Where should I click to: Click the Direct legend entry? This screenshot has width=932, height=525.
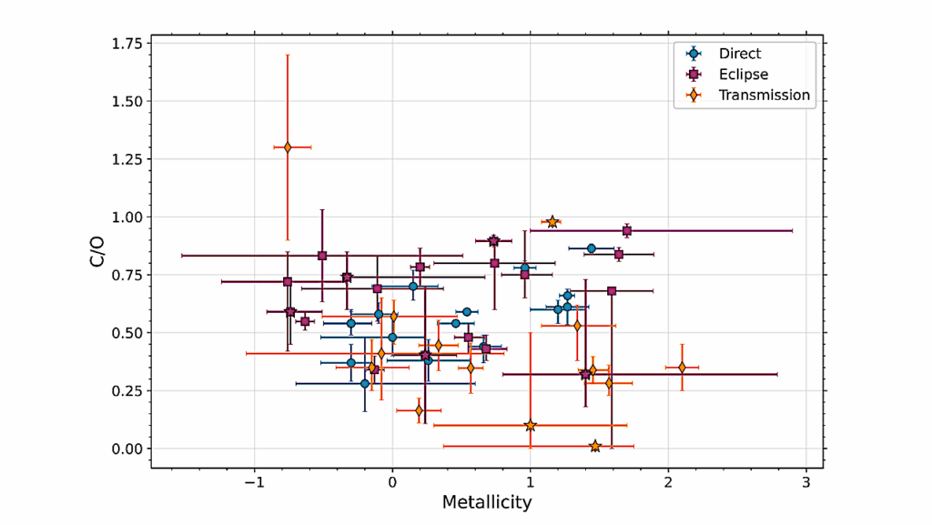[x=739, y=54]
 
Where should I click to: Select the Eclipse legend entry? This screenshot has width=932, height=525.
[x=743, y=75]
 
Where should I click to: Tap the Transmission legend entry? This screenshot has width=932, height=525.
[x=763, y=96]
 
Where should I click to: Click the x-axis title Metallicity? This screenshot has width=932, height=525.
[x=487, y=502]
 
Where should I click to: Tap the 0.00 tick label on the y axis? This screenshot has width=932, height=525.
[x=125, y=449]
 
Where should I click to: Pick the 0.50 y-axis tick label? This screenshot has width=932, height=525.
[x=125, y=333]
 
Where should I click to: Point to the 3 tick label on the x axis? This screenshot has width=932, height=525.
[x=805, y=481]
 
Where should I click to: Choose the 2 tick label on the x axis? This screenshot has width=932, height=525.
[x=668, y=481]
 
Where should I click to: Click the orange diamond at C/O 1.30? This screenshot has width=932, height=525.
[x=288, y=146]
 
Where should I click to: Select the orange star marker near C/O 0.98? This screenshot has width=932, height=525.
[x=552, y=222]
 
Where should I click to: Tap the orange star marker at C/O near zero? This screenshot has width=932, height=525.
[x=595, y=446]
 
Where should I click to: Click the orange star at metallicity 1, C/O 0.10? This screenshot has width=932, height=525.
[x=530, y=425]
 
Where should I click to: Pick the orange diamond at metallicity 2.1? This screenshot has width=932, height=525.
[x=682, y=368]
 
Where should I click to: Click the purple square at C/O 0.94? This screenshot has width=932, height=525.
[x=626, y=231]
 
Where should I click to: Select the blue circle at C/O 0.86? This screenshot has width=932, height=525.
[x=591, y=248]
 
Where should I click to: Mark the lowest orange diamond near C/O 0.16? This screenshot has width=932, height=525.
[x=419, y=410]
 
